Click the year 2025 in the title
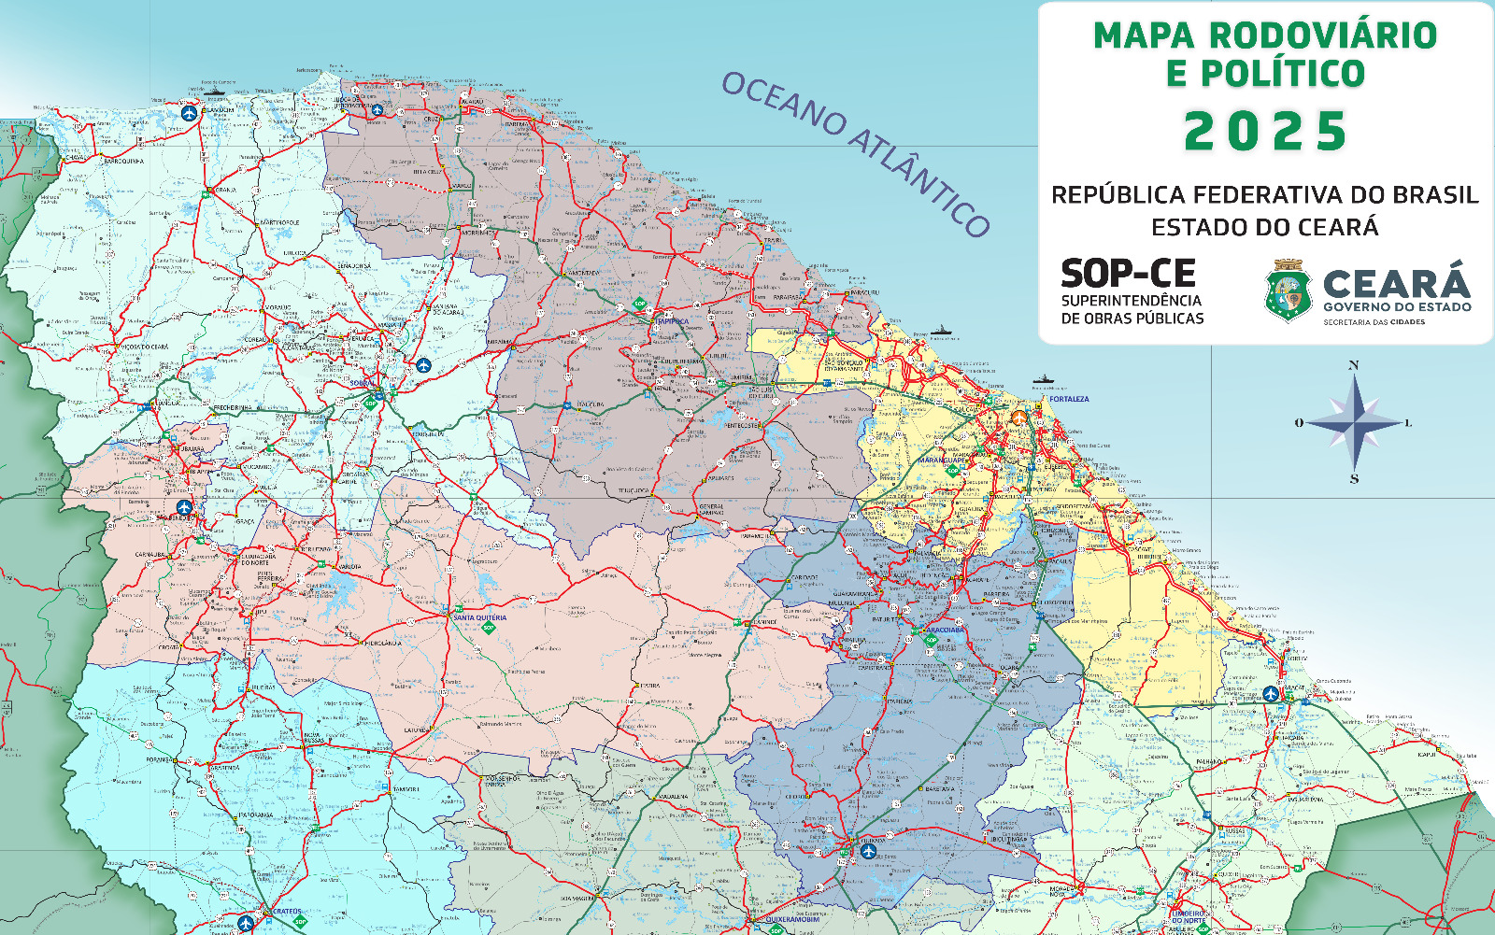[1265, 132]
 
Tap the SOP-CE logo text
[1128, 275]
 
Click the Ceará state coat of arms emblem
[1288, 291]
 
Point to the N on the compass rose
[1354, 365]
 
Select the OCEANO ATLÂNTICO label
[855, 153]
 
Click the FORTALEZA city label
[1068, 399]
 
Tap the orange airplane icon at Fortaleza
[1018, 418]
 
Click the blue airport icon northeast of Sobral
[423, 365]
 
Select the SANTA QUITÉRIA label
[479, 617]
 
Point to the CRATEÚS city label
[285, 911]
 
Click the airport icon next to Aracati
[1270, 694]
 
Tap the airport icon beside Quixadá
[869, 851]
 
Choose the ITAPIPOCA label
[670, 321]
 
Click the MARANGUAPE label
[941, 460]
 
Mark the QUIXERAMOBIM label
[792, 919]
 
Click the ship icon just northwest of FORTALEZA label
[1044, 379]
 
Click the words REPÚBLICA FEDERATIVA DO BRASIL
[1264, 195]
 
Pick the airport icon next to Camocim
[377, 110]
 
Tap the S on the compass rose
[1354, 479]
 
